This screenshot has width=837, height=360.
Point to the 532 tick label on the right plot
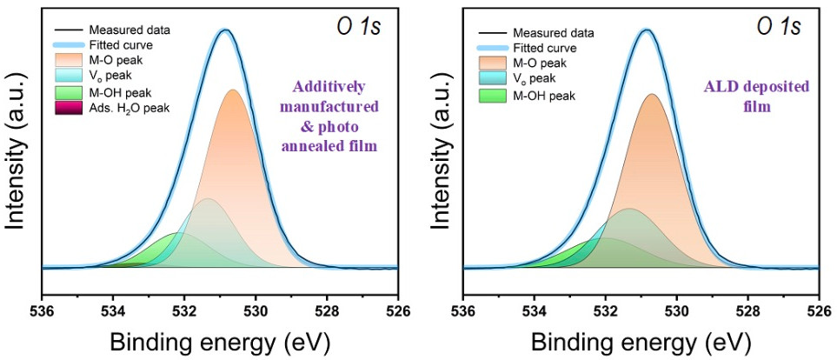click(606, 310)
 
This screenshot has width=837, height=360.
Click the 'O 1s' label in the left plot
click(357, 27)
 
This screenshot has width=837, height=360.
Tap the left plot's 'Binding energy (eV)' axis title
click(220, 342)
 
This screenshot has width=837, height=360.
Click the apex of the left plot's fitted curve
click(225, 30)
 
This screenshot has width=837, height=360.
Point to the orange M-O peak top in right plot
click(652, 94)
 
